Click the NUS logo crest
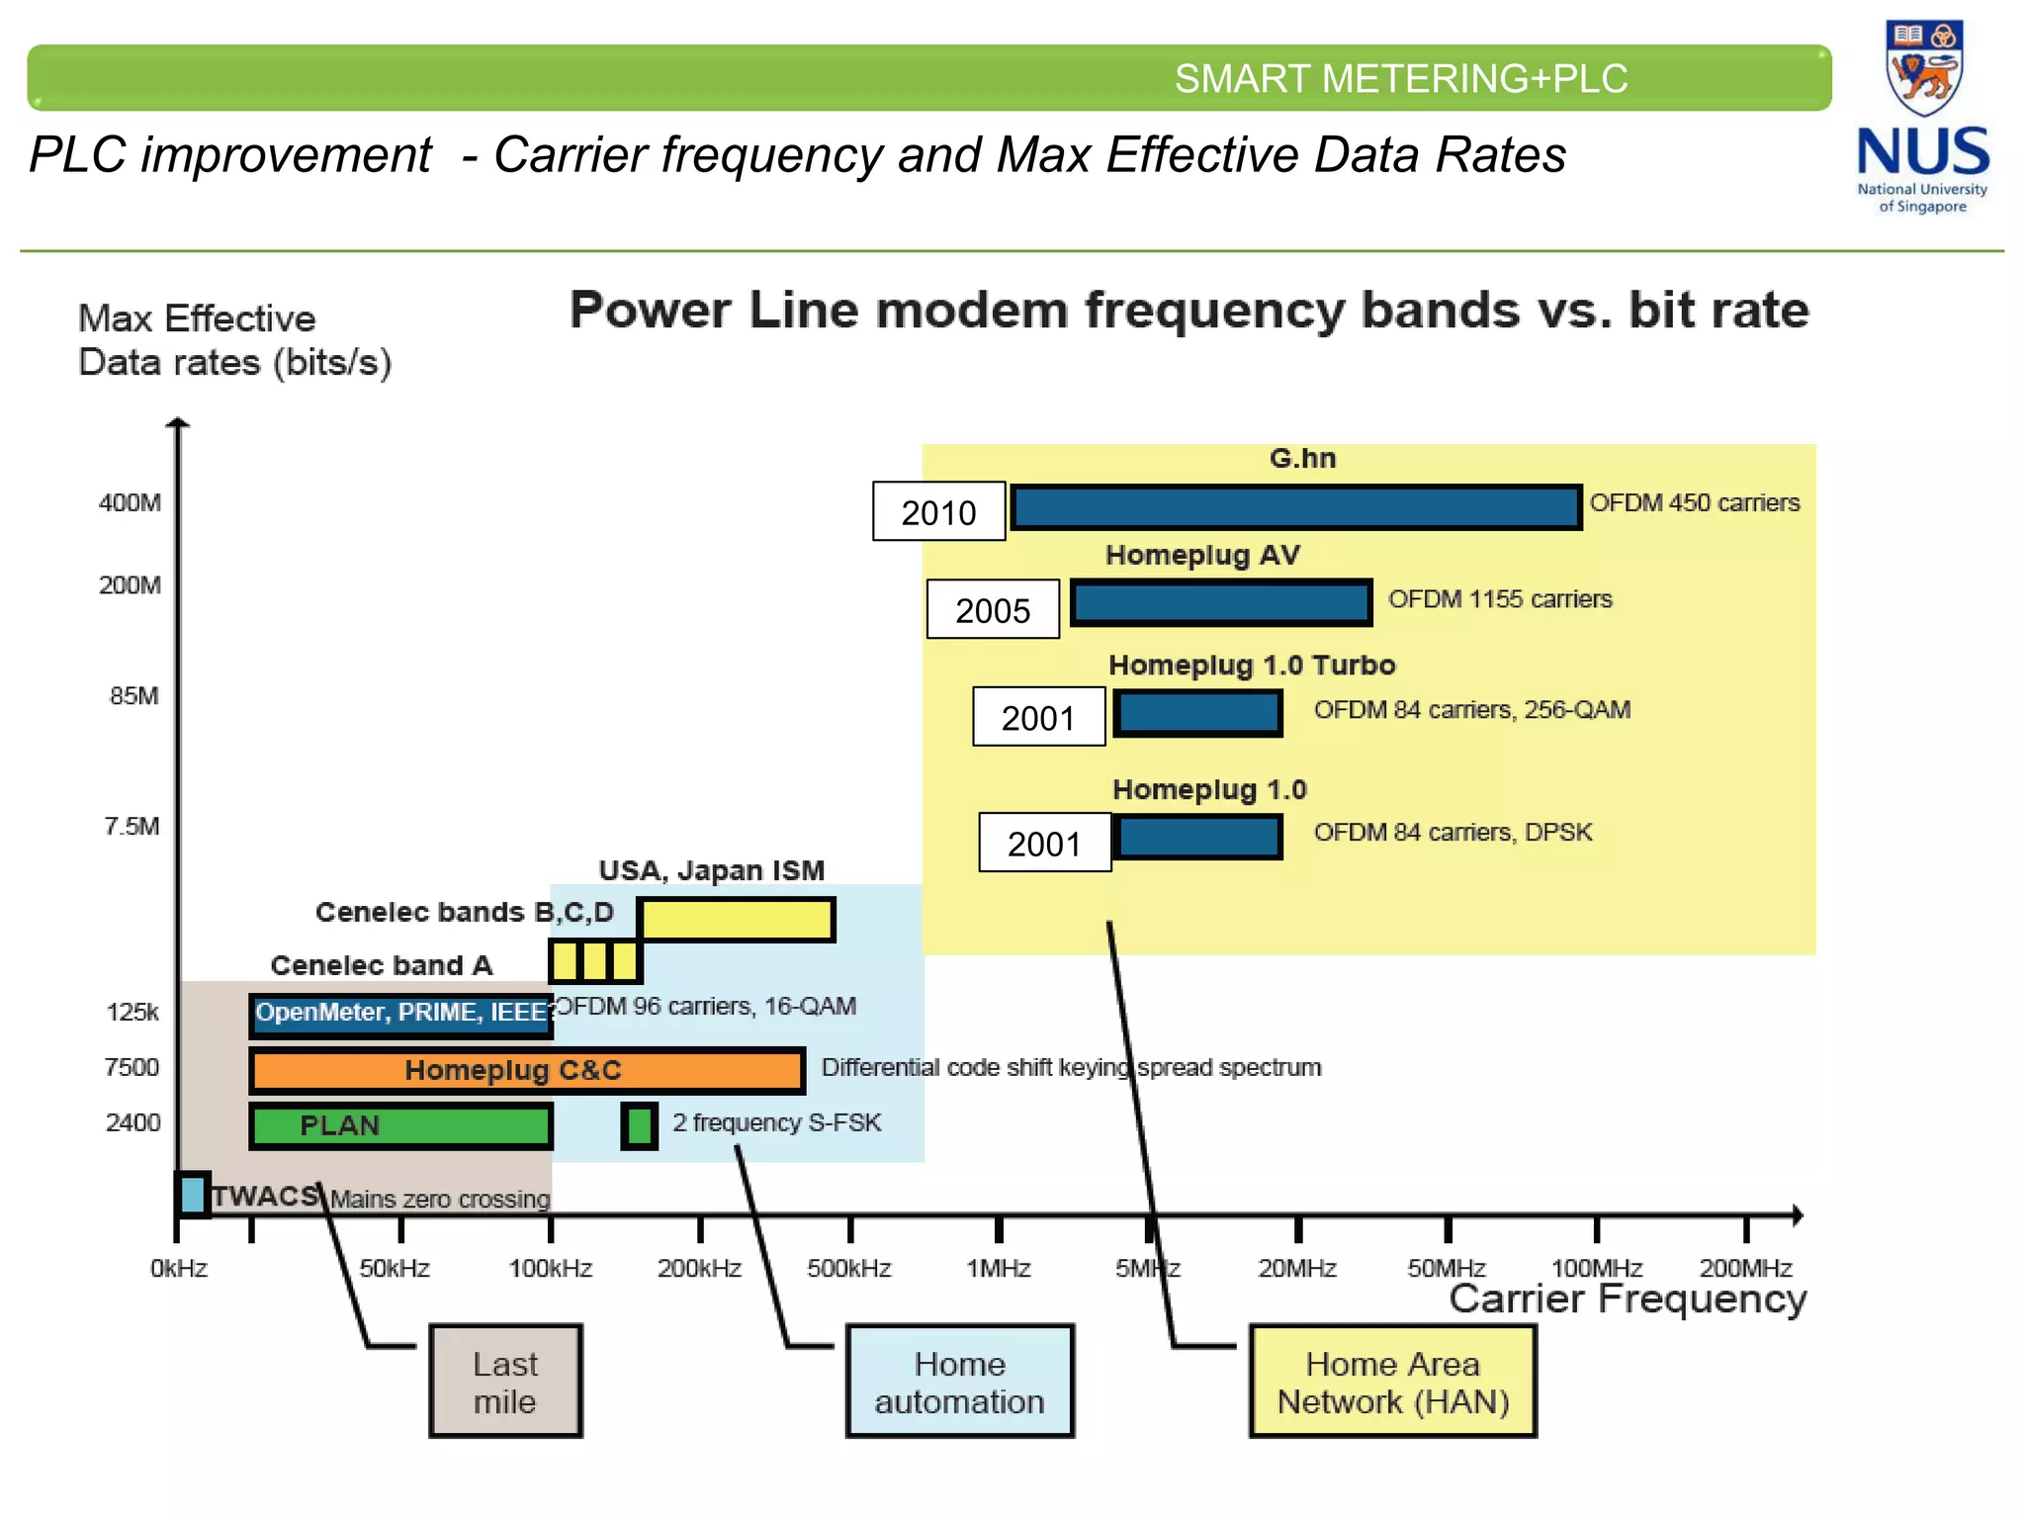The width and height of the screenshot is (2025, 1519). (1923, 67)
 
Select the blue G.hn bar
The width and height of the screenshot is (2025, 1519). (1296, 507)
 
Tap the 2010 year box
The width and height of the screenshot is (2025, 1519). (938, 512)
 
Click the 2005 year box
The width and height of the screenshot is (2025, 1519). (993, 610)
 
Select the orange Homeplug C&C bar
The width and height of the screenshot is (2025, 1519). (527, 1071)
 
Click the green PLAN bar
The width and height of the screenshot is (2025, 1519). (400, 1126)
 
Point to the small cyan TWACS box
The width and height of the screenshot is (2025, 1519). (192, 1195)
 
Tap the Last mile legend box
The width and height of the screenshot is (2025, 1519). (505, 1382)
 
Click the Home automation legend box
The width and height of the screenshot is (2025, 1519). (959, 1382)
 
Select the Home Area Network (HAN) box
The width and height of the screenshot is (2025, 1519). (1392, 1382)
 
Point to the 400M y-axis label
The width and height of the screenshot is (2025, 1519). (130, 503)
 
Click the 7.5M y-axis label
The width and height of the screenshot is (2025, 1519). (132, 827)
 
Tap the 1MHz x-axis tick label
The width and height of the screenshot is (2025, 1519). (998, 1269)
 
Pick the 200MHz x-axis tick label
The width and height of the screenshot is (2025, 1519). (1745, 1269)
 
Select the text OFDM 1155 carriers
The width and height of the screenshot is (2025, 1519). (1499, 599)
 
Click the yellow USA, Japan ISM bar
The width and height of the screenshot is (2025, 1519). (737, 920)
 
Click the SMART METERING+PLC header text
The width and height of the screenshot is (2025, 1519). (1400, 79)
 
